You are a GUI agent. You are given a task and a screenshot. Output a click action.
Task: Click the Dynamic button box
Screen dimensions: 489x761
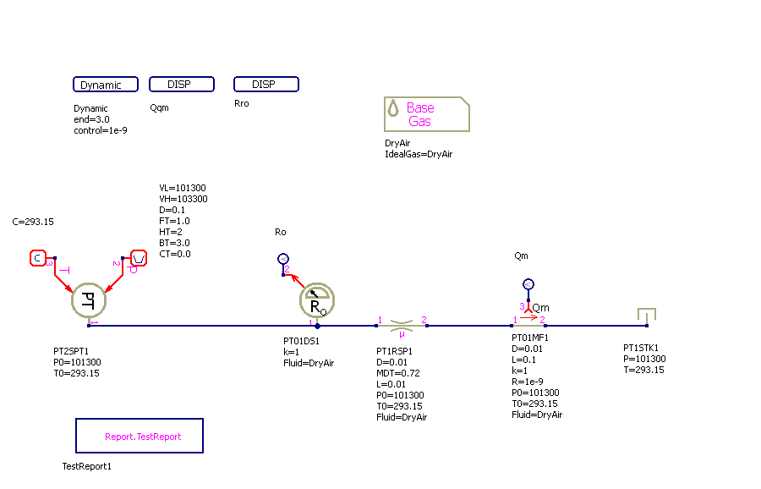pyautogui.click(x=106, y=85)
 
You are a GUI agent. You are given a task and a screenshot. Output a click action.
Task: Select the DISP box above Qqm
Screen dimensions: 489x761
pyautogui.click(x=181, y=85)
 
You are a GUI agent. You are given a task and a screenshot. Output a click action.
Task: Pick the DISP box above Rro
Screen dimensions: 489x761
pyautogui.click(x=266, y=85)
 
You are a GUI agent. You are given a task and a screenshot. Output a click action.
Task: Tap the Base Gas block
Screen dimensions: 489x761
pyautogui.click(x=426, y=114)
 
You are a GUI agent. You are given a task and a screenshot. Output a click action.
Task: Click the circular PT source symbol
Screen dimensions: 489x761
pyautogui.click(x=88, y=299)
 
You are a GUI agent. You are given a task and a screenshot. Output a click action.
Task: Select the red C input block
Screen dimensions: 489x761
pyautogui.click(x=38, y=257)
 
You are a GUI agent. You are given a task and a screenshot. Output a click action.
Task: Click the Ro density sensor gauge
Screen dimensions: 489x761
pyautogui.click(x=317, y=300)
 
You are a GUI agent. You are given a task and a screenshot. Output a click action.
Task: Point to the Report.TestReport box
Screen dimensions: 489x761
pyautogui.click(x=140, y=436)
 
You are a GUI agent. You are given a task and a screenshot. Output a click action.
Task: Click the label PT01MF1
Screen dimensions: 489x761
pyautogui.click(x=529, y=338)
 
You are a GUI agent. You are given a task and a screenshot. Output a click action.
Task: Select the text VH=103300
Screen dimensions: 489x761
pyautogui.click(x=183, y=199)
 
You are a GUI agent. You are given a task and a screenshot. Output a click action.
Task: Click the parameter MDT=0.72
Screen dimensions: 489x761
pyautogui.click(x=397, y=373)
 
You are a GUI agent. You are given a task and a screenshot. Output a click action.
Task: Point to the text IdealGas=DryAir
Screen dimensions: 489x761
pyautogui.click(x=418, y=155)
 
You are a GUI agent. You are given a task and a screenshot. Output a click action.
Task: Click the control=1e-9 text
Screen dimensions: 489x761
pyautogui.click(x=100, y=130)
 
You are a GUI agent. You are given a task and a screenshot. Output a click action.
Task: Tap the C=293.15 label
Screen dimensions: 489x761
pyautogui.click(x=33, y=222)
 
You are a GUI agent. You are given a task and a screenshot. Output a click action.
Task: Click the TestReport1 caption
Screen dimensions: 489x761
pyautogui.click(x=86, y=466)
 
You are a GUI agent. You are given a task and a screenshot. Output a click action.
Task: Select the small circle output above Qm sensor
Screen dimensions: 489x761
pyautogui.click(x=528, y=284)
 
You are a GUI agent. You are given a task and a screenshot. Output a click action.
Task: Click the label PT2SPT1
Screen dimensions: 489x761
pyautogui.click(x=72, y=349)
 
